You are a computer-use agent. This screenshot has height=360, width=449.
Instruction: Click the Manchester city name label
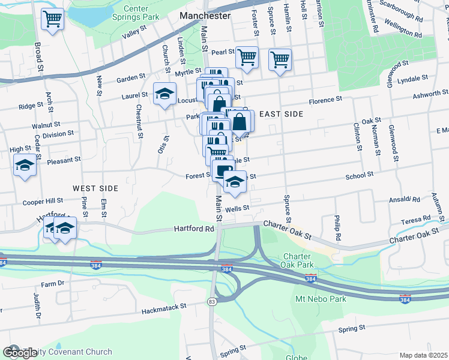[x=205, y=16]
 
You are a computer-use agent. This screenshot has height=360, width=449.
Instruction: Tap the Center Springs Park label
[x=136, y=13]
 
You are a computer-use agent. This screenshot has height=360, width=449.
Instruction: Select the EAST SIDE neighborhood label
[x=282, y=113]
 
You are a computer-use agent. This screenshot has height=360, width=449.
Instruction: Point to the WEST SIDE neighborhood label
[x=95, y=188]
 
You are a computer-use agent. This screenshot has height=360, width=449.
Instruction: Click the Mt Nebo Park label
[x=318, y=299]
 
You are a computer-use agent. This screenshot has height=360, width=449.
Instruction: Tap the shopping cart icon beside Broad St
[x=52, y=19]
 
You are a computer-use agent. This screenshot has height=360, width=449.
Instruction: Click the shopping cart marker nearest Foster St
[x=247, y=58]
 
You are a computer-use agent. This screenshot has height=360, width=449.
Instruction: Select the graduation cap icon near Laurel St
[x=164, y=93]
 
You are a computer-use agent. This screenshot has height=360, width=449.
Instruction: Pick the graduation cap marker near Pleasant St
[x=25, y=164]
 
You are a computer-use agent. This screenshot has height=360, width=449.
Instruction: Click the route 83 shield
[x=212, y=302]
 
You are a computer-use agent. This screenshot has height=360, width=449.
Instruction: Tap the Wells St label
[x=238, y=208]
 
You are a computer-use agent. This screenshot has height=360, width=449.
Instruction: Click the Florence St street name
[x=325, y=99]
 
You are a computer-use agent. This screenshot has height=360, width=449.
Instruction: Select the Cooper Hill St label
[x=43, y=202]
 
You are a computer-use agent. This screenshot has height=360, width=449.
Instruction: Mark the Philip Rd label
[x=338, y=228]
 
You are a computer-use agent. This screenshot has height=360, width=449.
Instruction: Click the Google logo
[x=20, y=353]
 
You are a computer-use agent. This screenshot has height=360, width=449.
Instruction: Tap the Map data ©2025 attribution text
[x=423, y=355]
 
